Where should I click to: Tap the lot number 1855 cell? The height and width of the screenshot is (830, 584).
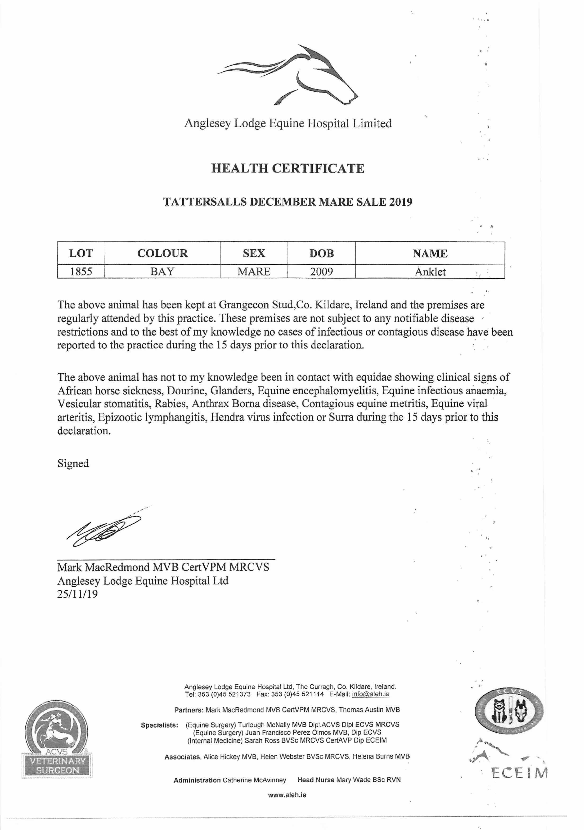click(81, 272)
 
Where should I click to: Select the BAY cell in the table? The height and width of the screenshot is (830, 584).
click(162, 272)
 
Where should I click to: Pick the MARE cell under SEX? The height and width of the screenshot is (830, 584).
click(254, 272)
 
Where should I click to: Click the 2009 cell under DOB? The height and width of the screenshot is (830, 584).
click(321, 272)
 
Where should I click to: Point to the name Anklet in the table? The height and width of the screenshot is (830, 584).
click(430, 272)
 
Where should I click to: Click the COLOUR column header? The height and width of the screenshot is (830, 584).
click(162, 253)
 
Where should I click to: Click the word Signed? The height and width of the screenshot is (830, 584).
click(73, 463)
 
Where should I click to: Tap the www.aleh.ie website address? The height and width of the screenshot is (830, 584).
click(287, 795)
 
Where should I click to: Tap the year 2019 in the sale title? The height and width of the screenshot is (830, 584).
click(400, 202)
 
